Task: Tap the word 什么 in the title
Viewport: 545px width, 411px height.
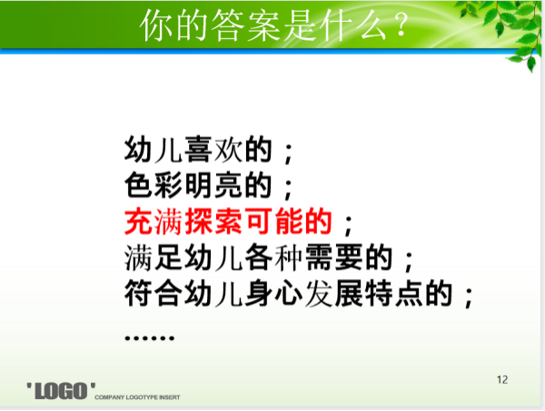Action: click(x=354, y=25)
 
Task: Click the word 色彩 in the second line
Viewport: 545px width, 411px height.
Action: click(x=154, y=185)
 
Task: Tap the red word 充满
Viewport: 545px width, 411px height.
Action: click(x=154, y=222)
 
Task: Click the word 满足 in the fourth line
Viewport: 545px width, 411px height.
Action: click(x=154, y=258)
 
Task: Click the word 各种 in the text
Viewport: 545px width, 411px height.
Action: click(x=273, y=258)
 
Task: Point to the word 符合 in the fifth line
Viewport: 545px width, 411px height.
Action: click(x=154, y=294)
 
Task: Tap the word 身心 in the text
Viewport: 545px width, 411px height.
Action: click(x=273, y=294)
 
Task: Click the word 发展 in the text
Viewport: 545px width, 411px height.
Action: click(x=333, y=294)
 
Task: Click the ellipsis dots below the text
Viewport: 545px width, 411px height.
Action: click(x=150, y=337)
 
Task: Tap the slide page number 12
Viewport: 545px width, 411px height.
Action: click(x=502, y=380)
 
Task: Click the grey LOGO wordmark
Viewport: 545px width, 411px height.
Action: click(x=61, y=391)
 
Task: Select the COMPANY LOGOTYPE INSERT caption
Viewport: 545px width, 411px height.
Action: click(x=137, y=397)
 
